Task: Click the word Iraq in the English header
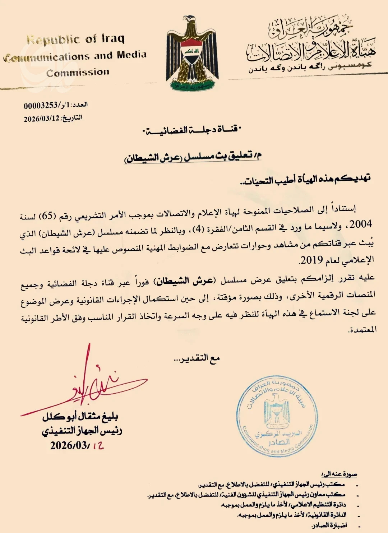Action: tap(113, 38)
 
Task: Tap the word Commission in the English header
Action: tap(78, 73)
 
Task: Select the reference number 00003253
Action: tap(41, 106)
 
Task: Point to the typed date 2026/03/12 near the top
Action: tap(42, 119)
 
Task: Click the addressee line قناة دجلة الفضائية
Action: tap(192, 130)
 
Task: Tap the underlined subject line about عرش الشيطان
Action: tap(193, 157)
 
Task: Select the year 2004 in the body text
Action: tap(360, 224)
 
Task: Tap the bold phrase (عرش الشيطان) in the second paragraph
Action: tap(185, 281)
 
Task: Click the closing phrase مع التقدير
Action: tap(197, 358)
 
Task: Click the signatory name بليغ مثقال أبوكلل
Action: tap(80, 417)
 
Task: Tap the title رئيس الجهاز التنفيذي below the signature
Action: tap(82, 431)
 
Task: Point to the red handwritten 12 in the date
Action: tap(98, 446)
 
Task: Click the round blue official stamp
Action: tap(277, 417)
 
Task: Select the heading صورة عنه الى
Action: tap(339, 474)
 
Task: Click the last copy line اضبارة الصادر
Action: tap(329, 525)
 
